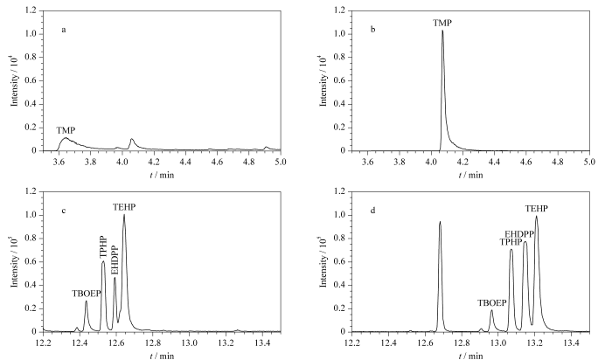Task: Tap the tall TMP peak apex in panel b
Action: pos(442,31)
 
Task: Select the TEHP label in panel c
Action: pos(124,206)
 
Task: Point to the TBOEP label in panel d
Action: pos(492,302)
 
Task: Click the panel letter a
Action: pos(64,30)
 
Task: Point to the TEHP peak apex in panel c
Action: pos(124,215)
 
